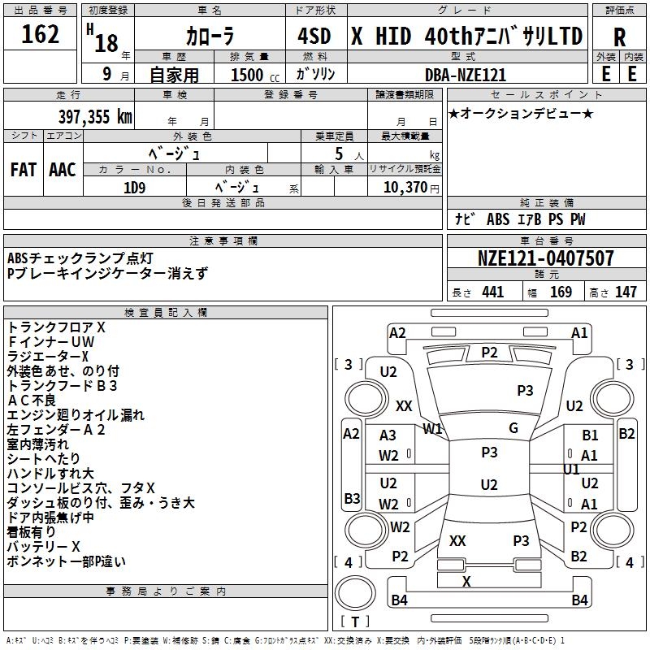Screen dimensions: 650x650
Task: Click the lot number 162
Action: pos(40,34)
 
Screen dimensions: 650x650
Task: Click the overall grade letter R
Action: pos(619,37)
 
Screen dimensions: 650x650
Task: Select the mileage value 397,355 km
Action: pos(95,117)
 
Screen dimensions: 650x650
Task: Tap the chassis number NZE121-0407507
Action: pos(545,258)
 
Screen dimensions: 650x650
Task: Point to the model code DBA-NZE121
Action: pos(466,75)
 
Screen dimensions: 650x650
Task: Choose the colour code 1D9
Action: pos(134,188)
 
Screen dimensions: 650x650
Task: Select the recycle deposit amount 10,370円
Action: pos(411,188)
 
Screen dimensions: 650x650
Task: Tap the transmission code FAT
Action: pos(24,170)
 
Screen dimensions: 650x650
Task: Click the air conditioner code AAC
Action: pos(63,170)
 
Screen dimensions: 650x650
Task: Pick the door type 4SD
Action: pos(314,36)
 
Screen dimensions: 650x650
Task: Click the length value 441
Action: pos(493,292)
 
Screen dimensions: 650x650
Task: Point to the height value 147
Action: pos(626,292)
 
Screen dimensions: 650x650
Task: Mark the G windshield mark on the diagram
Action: pos(513,428)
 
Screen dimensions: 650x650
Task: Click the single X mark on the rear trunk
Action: pos(466,581)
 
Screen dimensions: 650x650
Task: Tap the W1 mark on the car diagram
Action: pos(432,429)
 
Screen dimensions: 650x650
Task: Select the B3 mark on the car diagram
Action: pos(352,498)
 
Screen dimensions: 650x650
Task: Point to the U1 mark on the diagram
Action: pos(571,470)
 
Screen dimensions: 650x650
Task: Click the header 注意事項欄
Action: pos(223,240)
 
